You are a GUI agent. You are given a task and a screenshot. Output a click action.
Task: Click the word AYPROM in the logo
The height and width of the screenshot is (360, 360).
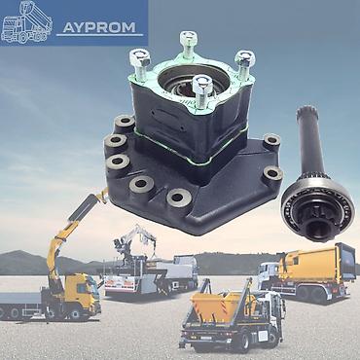[99, 27]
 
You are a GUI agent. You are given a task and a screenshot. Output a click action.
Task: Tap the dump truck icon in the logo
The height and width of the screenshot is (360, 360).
[26, 22]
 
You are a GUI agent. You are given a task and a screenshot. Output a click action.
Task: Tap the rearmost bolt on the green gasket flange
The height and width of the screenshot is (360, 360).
[189, 44]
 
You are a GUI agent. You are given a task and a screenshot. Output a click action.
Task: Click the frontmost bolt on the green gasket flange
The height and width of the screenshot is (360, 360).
[201, 90]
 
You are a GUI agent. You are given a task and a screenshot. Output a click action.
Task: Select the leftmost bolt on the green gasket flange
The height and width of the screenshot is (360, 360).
[140, 64]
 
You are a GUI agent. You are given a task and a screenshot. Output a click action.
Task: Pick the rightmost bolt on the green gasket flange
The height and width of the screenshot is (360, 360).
[245, 65]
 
